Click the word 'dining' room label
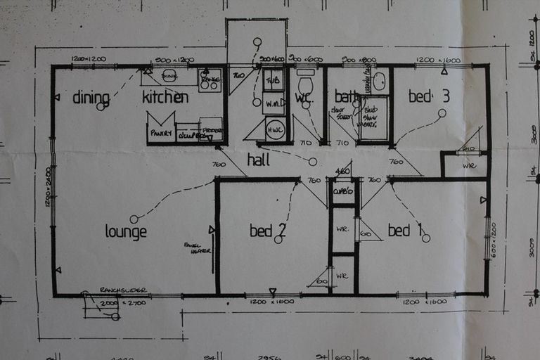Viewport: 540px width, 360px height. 91,97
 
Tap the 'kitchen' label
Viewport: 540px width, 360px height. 165,97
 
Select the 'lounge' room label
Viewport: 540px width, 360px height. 126,231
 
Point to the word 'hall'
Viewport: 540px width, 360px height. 258,160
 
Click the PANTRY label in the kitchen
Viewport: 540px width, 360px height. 160,132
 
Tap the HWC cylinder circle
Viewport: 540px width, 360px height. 275,131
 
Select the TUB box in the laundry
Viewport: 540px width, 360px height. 273,79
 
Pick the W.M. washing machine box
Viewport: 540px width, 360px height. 273,103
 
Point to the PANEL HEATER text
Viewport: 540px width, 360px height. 196,247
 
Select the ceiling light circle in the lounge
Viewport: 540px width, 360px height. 134,219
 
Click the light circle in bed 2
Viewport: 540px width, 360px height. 278,239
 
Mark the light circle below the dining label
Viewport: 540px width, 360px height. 101,107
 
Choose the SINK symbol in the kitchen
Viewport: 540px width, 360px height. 169,75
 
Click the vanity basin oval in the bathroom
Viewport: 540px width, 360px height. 379,82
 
